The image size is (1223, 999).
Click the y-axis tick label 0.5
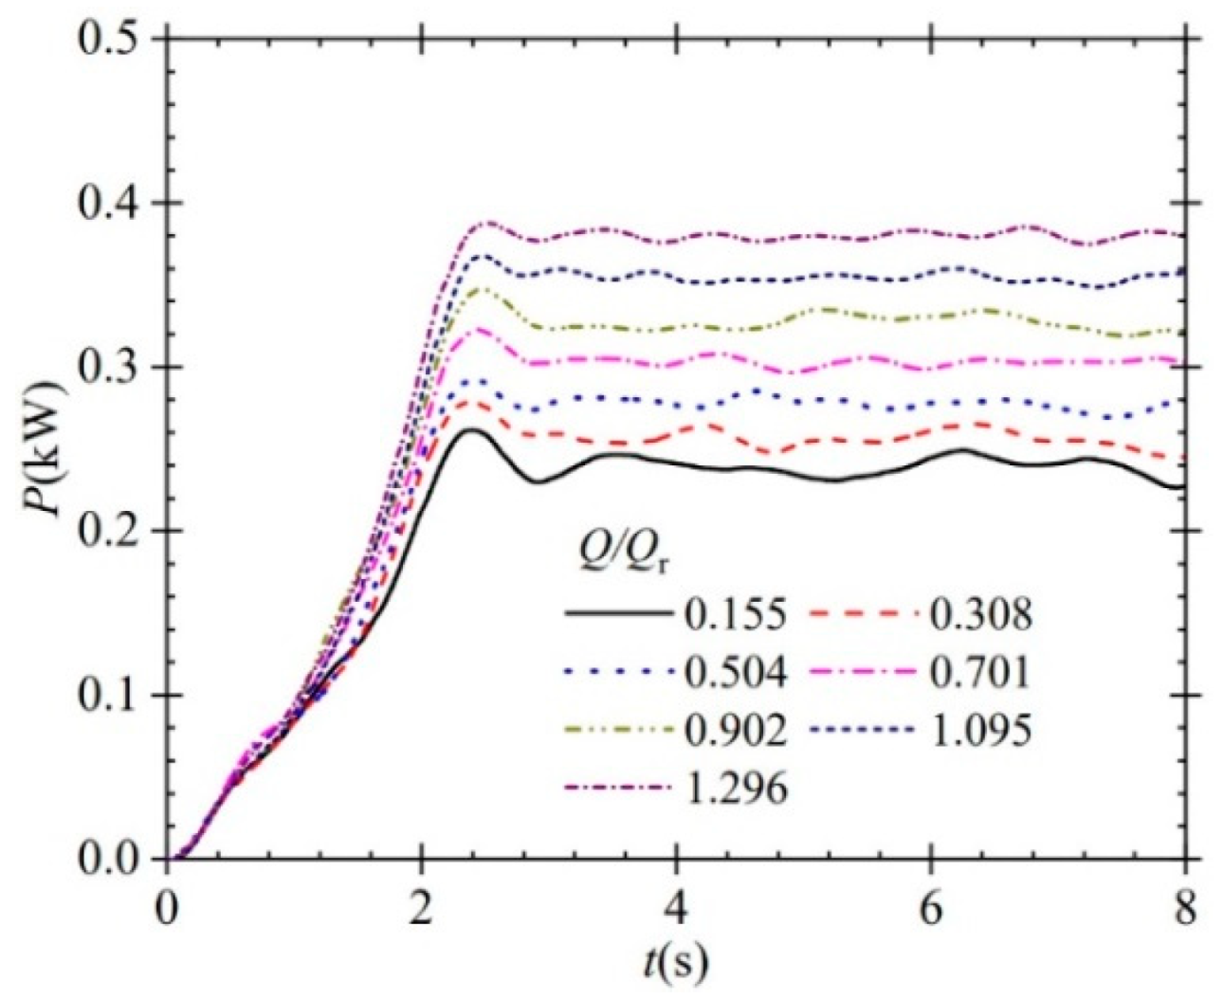pyautogui.click(x=106, y=41)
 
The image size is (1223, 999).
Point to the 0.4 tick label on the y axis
pyautogui.click(x=106, y=204)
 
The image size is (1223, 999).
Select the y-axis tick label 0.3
pyautogui.click(x=106, y=368)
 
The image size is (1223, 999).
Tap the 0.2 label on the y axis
pyautogui.click(x=106, y=532)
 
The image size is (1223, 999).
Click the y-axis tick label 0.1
pyautogui.click(x=106, y=696)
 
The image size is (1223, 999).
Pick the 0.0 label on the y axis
pyautogui.click(x=106, y=860)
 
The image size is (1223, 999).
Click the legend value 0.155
pyautogui.click(x=733, y=616)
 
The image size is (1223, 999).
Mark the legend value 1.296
pyautogui.click(x=733, y=789)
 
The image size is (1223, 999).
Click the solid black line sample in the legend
pyautogui.click(x=614, y=616)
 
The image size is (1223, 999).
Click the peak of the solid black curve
pyautogui.click(x=470, y=430)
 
